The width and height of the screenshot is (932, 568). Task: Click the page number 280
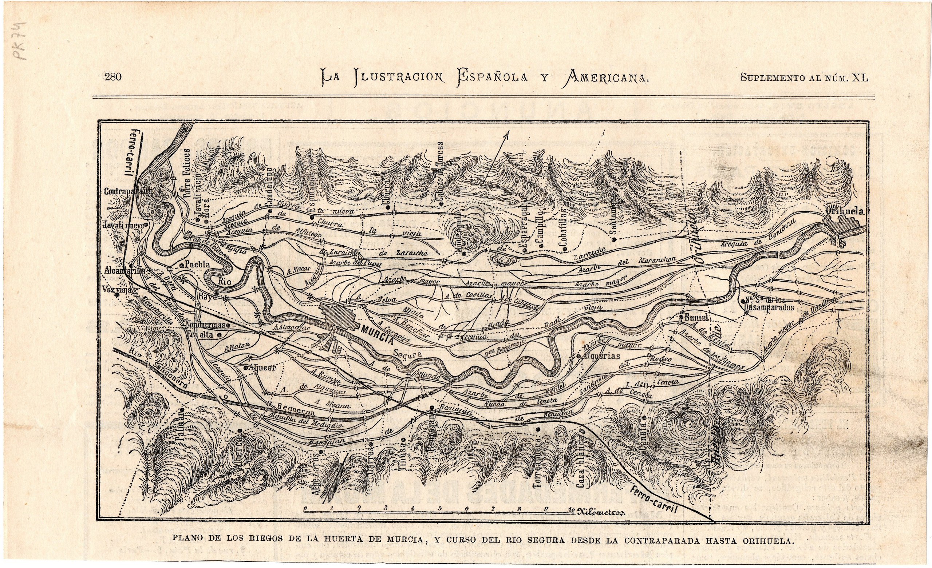113,77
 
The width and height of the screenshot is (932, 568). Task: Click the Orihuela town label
844,211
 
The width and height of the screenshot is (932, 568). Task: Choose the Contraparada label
127,192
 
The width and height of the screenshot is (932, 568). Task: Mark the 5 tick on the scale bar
439,508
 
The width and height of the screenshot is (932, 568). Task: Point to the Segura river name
408,355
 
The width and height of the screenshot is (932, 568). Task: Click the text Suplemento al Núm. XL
804,78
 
